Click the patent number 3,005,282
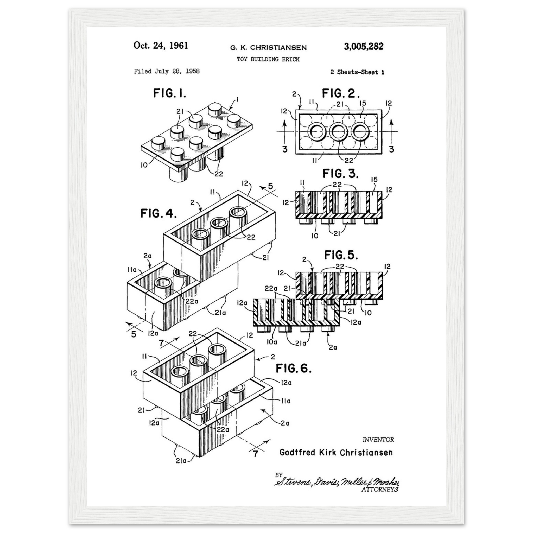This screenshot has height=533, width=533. pyautogui.click(x=363, y=46)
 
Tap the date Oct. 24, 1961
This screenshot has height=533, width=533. pyautogui.click(x=161, y=46)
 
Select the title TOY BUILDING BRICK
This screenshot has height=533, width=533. pyautogui.click(x=268, y=59)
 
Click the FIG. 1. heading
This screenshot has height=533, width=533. pyautogui.click(x=170, y=93)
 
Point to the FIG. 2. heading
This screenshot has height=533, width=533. pyautogui.click(x=341, y=93)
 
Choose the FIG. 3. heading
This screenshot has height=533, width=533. pyautogui.click(x=340, y=174)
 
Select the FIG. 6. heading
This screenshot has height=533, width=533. pyautogui.click(x=294, y=368)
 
